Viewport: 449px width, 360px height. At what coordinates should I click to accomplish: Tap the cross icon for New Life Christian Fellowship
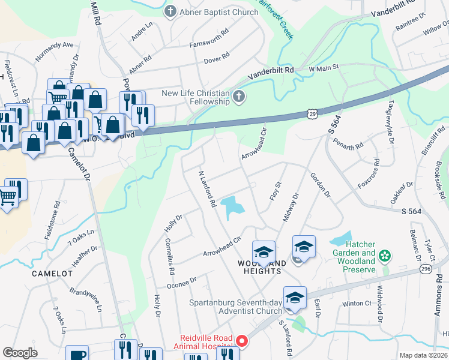tap(239, 97)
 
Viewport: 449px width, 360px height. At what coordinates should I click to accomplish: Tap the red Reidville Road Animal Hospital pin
tap(242, 341)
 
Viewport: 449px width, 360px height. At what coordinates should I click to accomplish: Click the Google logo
tap(20, 353)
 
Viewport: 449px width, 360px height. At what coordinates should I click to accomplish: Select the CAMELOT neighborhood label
tap(52, 273)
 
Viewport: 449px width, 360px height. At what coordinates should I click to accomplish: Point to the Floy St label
tap(277, 193)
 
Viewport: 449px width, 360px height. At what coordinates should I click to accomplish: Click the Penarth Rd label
tap(350, 145)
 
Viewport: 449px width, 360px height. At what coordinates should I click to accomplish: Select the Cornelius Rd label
tap(170, 257)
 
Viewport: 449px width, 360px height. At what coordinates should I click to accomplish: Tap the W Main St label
tap(324, 67)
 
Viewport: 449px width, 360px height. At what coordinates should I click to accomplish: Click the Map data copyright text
tap(424, 355)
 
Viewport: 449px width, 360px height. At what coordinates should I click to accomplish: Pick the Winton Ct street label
tap(358, 304)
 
